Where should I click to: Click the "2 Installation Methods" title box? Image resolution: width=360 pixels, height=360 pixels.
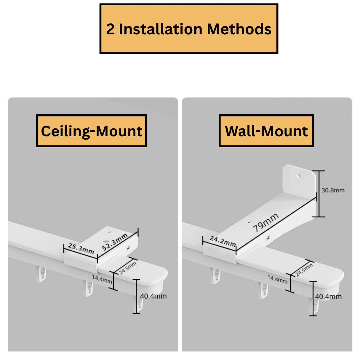point(189,29)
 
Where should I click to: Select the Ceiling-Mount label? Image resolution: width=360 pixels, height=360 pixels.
point(92,131)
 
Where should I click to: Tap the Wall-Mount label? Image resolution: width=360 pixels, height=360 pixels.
point(266,131)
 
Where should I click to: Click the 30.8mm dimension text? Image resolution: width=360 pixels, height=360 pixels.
point(333,190)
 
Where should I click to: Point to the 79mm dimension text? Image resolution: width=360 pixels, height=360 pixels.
point(265,223)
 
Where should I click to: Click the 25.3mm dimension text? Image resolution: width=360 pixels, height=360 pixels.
point(81,248)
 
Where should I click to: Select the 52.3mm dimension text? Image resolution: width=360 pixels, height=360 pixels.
point(115,242)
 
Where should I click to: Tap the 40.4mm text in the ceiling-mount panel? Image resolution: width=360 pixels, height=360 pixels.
point(153,296)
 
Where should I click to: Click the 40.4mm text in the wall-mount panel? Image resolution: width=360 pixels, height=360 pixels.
point(328,297)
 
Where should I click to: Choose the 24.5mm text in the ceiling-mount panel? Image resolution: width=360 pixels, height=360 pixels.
point(128,268)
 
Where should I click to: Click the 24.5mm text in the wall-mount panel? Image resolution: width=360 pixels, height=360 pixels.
point(304,270)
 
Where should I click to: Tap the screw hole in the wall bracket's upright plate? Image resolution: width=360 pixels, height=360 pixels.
point(299,175)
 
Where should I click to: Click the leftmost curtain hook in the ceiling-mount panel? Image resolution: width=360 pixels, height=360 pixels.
point(41,274)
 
